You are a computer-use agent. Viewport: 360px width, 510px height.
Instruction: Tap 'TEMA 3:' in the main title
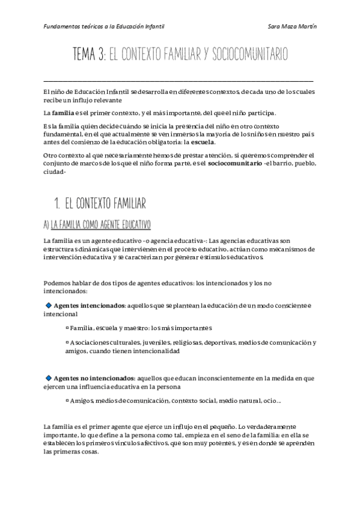click(x=90, y=55)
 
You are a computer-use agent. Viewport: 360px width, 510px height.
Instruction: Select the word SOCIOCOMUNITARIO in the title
click(x=248, y=55)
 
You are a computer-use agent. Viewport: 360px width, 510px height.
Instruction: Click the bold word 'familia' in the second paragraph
click(x=63, y=112)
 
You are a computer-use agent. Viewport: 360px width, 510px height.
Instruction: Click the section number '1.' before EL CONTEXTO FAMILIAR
click(x=58, y=201)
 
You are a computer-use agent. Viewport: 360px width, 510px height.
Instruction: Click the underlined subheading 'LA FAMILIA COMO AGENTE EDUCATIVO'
click(x=101, y=224)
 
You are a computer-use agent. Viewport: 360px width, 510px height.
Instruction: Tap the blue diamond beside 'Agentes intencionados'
click(x=49, y=306)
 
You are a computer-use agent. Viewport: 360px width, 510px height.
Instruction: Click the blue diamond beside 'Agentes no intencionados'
click(x=49, y=377)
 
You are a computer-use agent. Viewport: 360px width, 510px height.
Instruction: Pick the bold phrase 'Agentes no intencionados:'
click(x=95, y=378)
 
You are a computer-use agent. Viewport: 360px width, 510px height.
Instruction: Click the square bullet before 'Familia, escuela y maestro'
click(x=67, y=328)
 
